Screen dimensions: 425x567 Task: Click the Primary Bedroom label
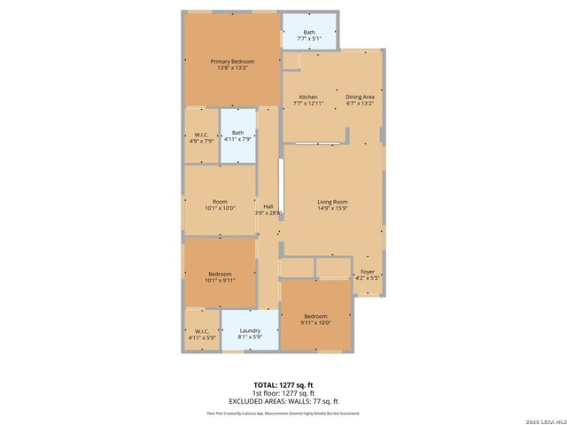pos(232,61)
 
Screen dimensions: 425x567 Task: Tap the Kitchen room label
pos(308,97)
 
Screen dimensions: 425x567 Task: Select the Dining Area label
pos(360,97)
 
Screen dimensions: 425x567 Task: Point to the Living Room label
pos(333,202)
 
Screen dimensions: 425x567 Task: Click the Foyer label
pos(367,272)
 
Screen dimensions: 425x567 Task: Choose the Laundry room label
pos(250,330)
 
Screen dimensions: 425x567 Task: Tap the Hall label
pos(268,206)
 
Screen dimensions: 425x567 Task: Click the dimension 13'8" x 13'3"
pos(232,67)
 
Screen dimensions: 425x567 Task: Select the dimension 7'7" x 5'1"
pos(308,39)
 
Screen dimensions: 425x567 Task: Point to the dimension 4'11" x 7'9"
pos(237,139)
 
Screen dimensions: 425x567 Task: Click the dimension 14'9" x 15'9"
pos(333,209)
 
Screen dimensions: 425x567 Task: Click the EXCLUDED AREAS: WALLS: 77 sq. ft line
pos(283,401)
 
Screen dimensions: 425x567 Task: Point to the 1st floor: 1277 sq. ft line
pos(283,393)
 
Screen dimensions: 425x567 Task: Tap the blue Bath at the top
pos(308,33)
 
